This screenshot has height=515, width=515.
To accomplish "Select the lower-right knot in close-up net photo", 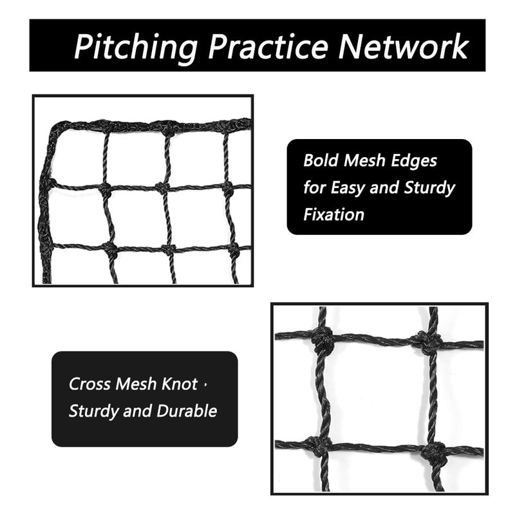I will (x=434, y=452).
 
